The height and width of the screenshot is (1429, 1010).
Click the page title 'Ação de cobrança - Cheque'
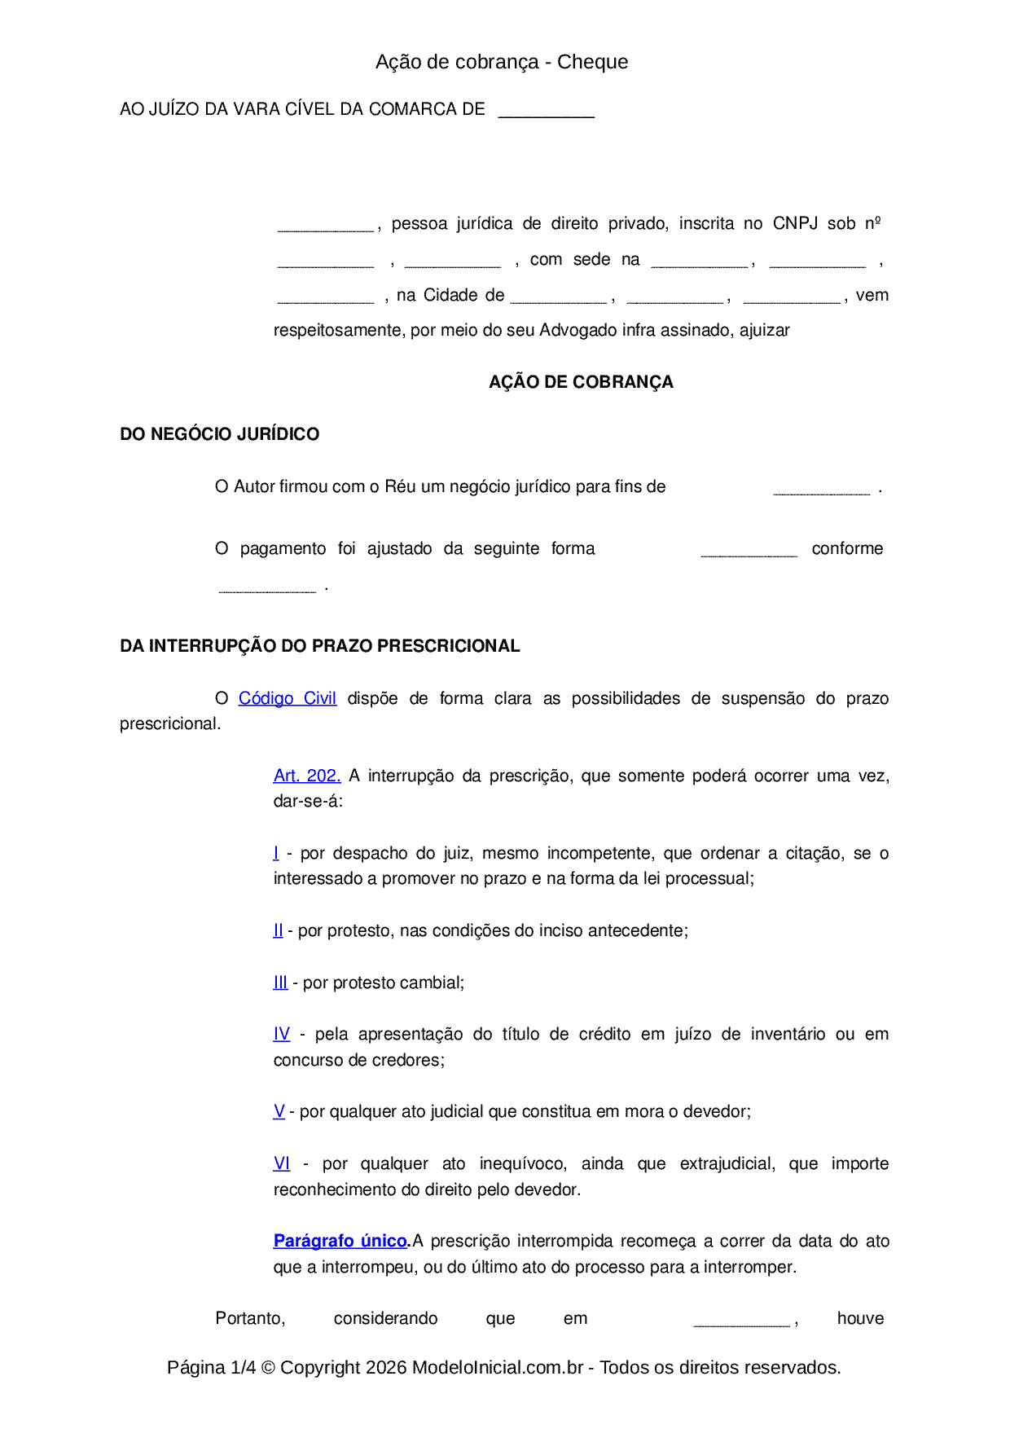[x=502, y=62]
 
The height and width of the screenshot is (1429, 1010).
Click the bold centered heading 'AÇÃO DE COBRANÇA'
[x=581, y=382]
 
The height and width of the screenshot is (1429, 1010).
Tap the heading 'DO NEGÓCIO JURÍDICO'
[x=219, y=434]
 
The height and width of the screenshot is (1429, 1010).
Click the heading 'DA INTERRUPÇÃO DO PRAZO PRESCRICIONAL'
[x=319, y=646]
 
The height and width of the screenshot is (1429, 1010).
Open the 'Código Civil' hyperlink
[x=287, y=698]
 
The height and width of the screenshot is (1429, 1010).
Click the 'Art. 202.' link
[x=306, y=776]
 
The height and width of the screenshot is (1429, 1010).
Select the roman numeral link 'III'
[x=280, y=983]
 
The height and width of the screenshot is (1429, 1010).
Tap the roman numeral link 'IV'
[x=281, y=1034]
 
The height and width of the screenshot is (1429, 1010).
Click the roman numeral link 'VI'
[x=281, y=1163]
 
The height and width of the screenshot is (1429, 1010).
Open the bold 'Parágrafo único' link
[x=340, y=1241]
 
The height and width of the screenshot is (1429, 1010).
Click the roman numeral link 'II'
[x=278, y=930]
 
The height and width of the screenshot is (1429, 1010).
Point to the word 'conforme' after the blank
[x=847, y=548]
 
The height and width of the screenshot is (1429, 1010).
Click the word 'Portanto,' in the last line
[x=250, y=1318]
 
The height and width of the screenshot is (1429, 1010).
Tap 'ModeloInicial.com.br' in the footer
[x=497, y=1367]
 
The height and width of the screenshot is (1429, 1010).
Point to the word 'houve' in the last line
[x=860, y=1318]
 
